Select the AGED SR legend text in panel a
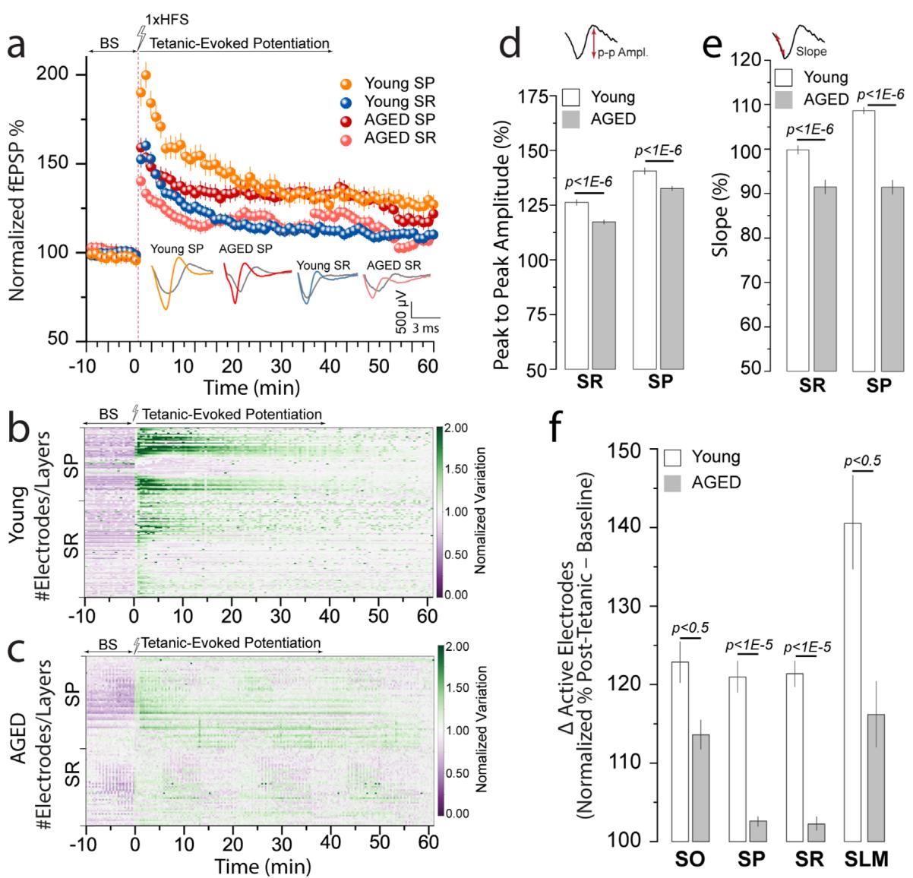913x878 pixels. [x=401, y=138]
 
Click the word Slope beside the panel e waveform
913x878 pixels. [x=811, y=52]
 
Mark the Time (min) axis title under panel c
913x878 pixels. [x=262, y=866]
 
